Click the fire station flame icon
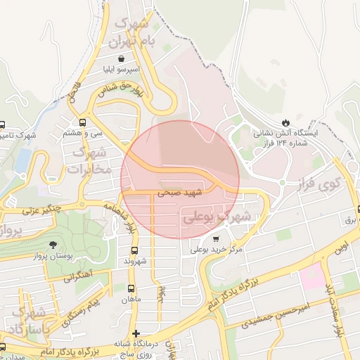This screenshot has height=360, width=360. (x=285, y=121)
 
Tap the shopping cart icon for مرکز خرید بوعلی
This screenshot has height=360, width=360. (x=215, y=239)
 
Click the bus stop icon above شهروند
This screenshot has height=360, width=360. (x=134, y=250)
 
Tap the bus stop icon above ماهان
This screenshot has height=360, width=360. (x=131, y=288)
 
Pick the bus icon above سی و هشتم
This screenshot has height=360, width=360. (x=84, y=121)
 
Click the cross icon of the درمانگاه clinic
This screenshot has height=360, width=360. (x=136, y=333)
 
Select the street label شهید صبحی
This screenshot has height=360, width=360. (x=179, y=191)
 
